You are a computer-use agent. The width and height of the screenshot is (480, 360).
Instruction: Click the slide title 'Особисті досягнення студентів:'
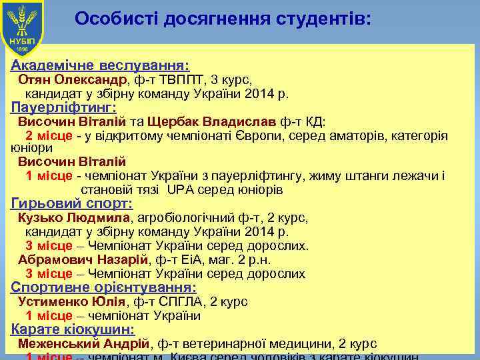click(x=223, y=19)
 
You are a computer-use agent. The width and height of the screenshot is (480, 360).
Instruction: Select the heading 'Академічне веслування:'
click(x=101, y=66)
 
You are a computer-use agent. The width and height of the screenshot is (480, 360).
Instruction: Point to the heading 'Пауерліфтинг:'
click(x=64, y=107)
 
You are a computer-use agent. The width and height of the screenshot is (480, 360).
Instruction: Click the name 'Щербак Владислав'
click(x=212, y=122)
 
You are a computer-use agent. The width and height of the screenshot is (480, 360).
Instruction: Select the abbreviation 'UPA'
click(x=180, y=190)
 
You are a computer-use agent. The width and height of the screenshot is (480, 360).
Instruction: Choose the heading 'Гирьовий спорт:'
click(x=72, y=204)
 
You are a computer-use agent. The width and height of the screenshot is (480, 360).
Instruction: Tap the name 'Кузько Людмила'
click(x=75, y=218)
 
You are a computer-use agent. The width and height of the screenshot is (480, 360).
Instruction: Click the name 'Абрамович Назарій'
click(x=85, y=260)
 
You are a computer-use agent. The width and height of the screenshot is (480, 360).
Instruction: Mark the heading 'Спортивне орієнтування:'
click(x=104, y=287)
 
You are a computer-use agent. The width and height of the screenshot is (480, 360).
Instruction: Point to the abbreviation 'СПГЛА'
click(x=179, y=301)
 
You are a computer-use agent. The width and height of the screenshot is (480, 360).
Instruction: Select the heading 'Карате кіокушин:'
click(x=73, y=329)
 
